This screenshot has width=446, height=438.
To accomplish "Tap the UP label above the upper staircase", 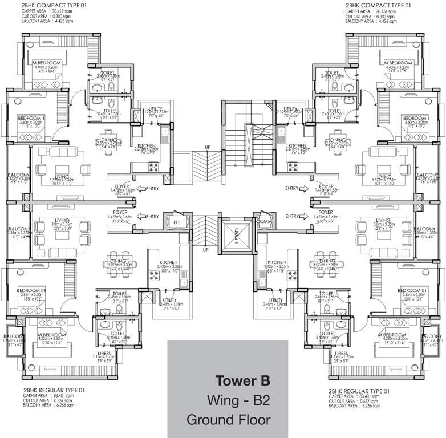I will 208,147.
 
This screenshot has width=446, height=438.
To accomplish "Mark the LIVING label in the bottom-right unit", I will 383,220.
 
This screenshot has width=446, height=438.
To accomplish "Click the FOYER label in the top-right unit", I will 327,186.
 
